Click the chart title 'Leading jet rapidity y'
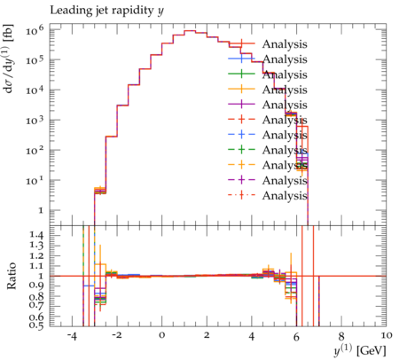(x=106, y=11)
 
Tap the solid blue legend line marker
(x=241, y=59)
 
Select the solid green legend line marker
(x=241, y=74)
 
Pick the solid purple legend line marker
(x=241, y=105)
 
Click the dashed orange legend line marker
(x=241, y=165)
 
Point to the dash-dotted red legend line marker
(x=241, y=195)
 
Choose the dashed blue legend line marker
(x=241, y=135)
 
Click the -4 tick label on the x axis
(x=72, y=335)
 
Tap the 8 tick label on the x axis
(x=341, y=335)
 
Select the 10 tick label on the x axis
(x=386, y=335)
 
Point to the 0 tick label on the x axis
(x=161, y=335)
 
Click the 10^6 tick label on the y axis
(x=35, y=29)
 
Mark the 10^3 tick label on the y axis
(x=35, y=120)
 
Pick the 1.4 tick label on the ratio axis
(x=36, y=236)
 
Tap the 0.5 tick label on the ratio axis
(x=36, y=325)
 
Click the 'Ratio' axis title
(x=12, y=276)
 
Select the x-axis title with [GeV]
(x=360, y=350)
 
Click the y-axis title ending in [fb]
(x=10, y=59)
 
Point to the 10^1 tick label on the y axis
(x=35, y=180)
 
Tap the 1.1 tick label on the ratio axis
(x=36, y=266)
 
